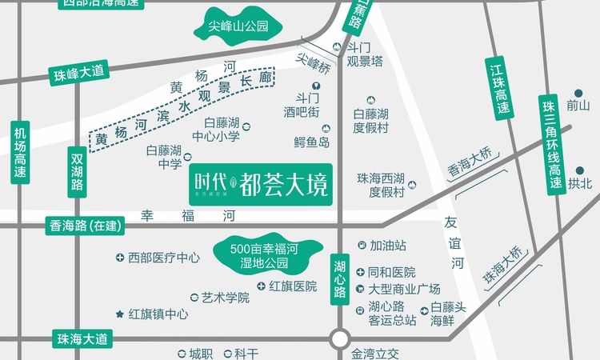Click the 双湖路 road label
click(77, 171)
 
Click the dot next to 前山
click(578, 93)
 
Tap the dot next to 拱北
click(578, 170)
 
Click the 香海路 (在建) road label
click(83, 226)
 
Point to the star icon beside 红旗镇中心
click(120, 314)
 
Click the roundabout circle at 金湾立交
click(340, 338)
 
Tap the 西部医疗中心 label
click(163, 258)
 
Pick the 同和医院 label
click(391, 272)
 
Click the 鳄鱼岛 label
click(312, 142)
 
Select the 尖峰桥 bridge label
click(313, 62)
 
